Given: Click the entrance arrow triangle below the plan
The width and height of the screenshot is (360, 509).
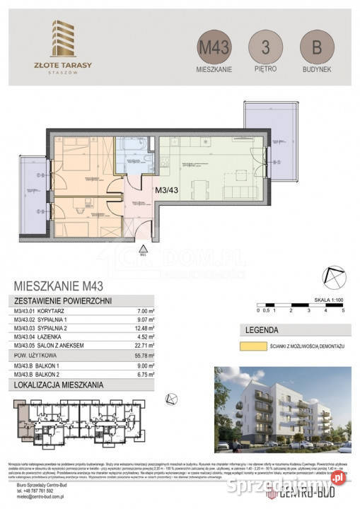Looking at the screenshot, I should pos(143,248).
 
